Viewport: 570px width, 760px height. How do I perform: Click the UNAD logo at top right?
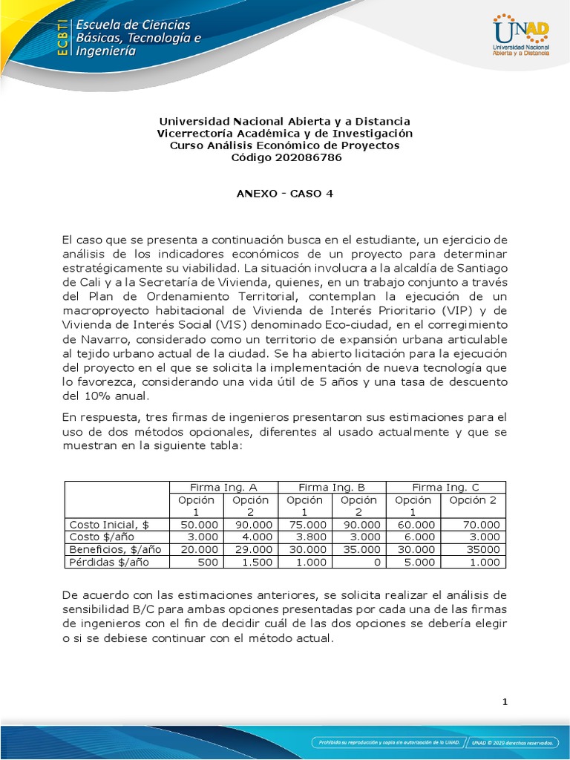pos(520,36)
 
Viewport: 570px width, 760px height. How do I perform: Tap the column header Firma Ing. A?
pos(223,487)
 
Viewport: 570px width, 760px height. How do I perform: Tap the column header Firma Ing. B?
pos(332,487)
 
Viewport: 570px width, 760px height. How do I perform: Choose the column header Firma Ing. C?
pos(445,487)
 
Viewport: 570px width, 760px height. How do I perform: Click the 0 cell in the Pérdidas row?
pos(377,562)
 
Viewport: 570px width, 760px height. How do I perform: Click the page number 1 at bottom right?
pos(504,702)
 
